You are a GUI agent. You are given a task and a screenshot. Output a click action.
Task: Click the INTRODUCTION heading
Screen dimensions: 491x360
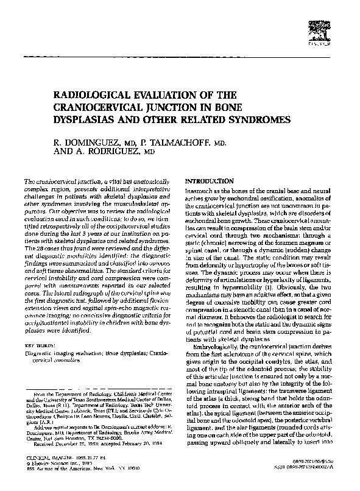click(x=209, y=181)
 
